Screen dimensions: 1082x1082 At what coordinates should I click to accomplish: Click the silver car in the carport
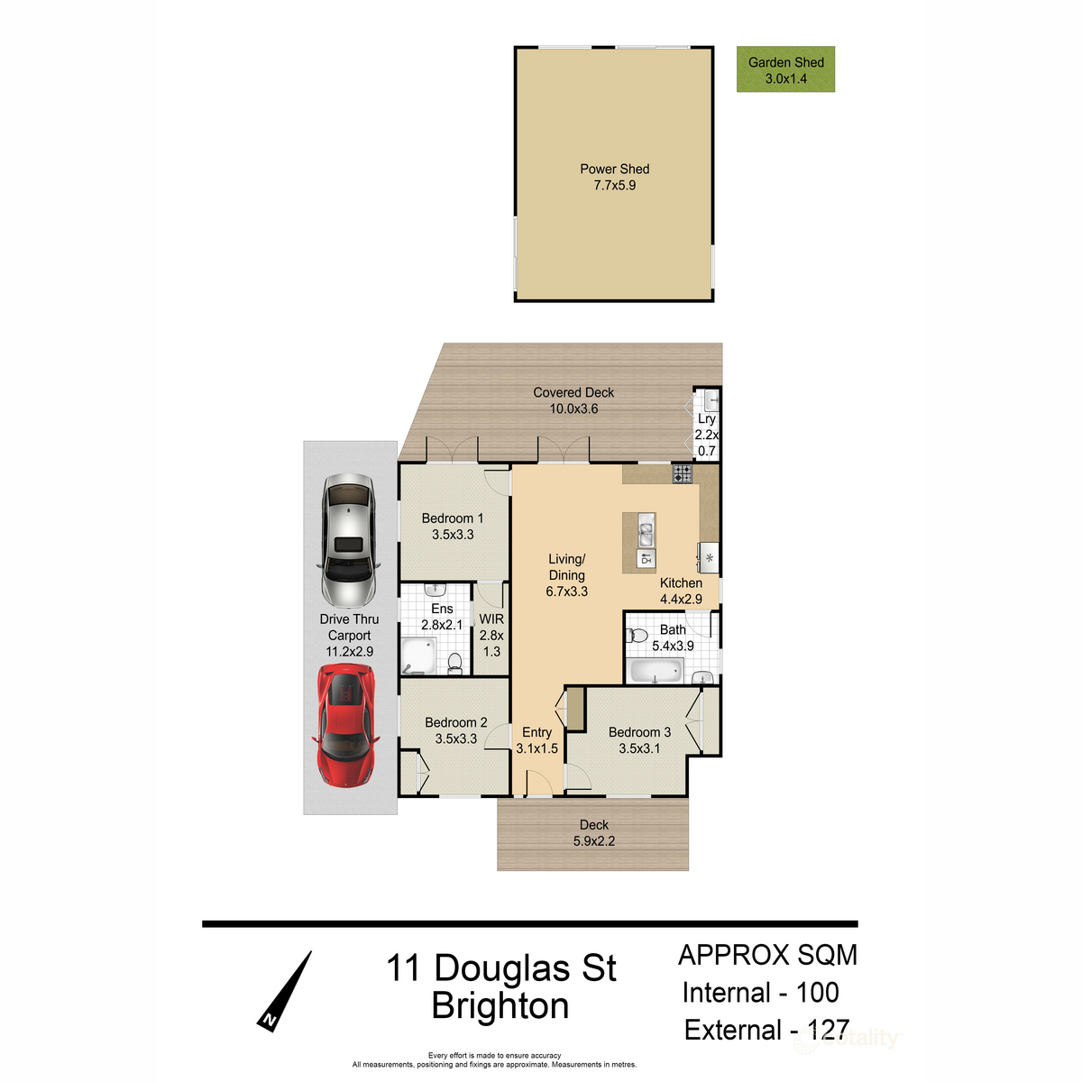click(349, 540)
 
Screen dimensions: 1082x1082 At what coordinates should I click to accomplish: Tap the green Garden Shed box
click(785, 69)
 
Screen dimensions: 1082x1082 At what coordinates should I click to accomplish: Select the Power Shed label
click(614, 169)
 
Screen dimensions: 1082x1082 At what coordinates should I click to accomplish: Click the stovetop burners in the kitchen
click(682, 473)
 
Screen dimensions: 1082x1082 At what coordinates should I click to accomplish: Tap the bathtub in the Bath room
click(656, 671)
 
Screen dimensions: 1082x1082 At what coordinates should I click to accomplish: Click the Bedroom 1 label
click(453, 518)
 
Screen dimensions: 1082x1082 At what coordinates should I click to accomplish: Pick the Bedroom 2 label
click(456, 722)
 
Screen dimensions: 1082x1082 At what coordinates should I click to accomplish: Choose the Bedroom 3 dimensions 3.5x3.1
click(639, 748)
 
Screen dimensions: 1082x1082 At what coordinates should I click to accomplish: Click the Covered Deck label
click(573, 392)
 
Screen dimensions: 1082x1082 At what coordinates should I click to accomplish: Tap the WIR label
click(491, 619)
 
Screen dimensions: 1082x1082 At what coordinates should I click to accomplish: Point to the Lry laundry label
click(706, 419)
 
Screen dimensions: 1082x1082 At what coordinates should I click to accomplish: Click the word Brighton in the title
click(500, 1005)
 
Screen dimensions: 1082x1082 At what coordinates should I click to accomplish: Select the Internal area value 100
click(817, 993)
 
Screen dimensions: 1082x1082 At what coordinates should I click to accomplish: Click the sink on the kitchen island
click(646, 532)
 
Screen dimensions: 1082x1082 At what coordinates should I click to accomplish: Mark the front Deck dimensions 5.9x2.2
click(594, 841)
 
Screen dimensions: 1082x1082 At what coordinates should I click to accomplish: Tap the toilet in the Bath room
click(637, 637)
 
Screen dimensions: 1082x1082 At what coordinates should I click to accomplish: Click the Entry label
click(536, 732)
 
